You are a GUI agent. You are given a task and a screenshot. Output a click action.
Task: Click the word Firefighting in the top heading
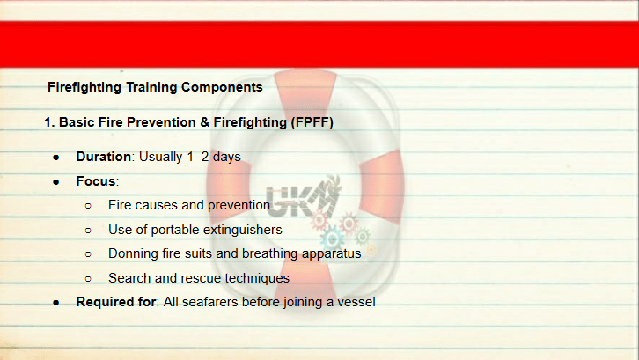pyautogui.click(x=84, y=87)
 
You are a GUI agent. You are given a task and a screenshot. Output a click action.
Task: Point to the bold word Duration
pyautogui.click(x=104, y=157)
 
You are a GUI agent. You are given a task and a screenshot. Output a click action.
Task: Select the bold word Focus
pyautogui.click(x=96, y=181)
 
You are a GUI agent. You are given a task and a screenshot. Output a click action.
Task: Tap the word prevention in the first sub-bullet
pyautogui.click(x=239, y=205)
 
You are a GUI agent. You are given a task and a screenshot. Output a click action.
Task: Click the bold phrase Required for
pyautogui.click(x=116, y=302)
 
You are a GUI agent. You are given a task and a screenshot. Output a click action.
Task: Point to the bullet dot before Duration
pyautogui.click(x=56, y=158)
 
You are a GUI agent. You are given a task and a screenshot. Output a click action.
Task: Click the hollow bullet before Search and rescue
pyautogui.click(x=88, y=279)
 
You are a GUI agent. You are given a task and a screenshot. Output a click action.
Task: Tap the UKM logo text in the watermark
pyautogui.click(x=302, y=199)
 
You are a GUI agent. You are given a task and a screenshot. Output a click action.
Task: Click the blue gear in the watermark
pyautogui.click(x=332, y=239)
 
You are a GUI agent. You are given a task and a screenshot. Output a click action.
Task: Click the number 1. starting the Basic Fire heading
pyautogui.click(x=49, y=122)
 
